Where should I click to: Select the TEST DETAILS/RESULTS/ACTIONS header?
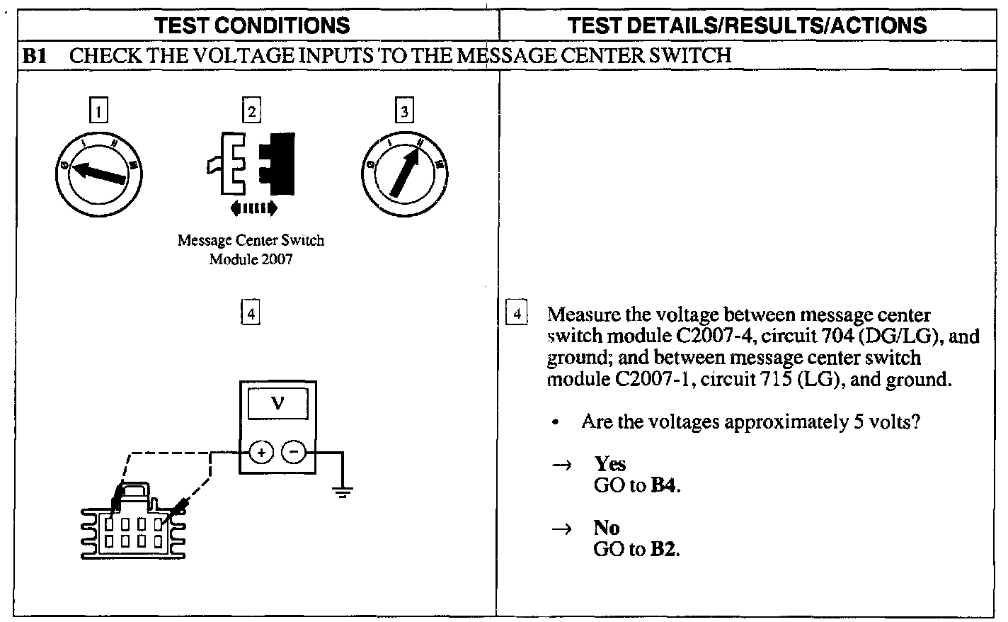click(x=747, y=26)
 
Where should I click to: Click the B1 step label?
click(x=35, y=56)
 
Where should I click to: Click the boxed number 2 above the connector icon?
click(x=251, y=111)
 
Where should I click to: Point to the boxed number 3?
click(x=403, y=111)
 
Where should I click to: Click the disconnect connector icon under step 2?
click(x=252, y=163)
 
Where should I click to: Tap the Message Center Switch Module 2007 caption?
click(x=251, y=249)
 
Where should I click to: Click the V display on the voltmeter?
click(x=277, y=404)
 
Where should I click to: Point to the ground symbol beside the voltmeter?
click(x=343, y=490)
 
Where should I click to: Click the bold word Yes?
click(x=610, y=464)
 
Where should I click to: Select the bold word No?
click(x=607, y=528)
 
